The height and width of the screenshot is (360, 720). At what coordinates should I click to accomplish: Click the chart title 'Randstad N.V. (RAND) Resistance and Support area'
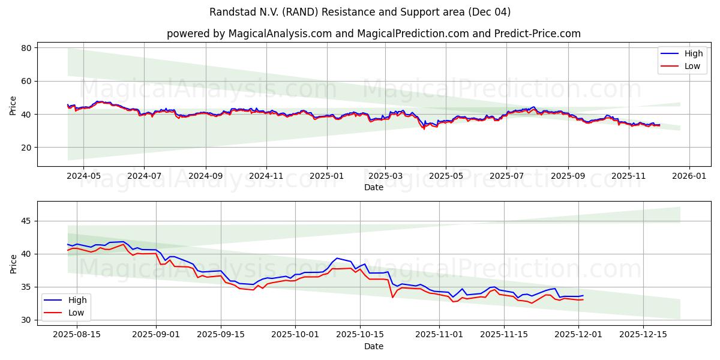coord(360,12)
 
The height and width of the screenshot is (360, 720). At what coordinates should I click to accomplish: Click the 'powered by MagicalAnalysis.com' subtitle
coord(373,34)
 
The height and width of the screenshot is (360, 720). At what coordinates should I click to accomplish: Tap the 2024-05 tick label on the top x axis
coord(83,176)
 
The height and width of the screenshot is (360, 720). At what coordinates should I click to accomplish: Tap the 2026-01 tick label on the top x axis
coord(689,176)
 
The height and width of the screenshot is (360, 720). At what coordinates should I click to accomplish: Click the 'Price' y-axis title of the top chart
coord(13,106)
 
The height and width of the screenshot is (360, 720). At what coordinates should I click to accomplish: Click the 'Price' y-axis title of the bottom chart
coord(13,264)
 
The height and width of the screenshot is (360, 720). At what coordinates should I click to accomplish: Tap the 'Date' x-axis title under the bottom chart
coord(373,346)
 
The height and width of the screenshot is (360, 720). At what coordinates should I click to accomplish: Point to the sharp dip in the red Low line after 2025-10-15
coord(392,297)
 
